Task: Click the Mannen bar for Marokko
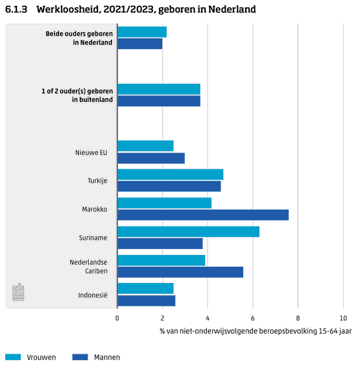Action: [x=203, y=215]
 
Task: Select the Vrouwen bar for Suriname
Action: [x=189, y=232]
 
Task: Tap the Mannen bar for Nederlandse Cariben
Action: [x=180, y=272]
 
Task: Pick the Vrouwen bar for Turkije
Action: [x=171, y=175]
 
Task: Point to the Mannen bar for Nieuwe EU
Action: [x=151, y=158]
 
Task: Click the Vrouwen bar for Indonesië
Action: [x=145, y=289]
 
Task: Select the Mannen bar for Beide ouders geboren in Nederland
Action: [x=140, y=43]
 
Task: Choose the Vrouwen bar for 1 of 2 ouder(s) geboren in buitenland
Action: [x=159, y=89]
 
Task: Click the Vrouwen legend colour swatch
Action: [x=13, y=357]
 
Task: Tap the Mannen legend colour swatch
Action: [x=80, y=357]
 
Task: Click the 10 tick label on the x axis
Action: [x=343, y=318]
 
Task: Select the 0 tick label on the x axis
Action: [x=117, y=318]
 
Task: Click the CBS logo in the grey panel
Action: [x=18, y=292]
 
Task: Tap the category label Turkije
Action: [x=97, y=180]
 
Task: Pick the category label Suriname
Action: [x=93, y=238]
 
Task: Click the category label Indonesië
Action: [x=93, y=295]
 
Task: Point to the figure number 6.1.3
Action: [x=16, y=9]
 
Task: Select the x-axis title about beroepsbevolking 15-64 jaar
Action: [x=256, y=331]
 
